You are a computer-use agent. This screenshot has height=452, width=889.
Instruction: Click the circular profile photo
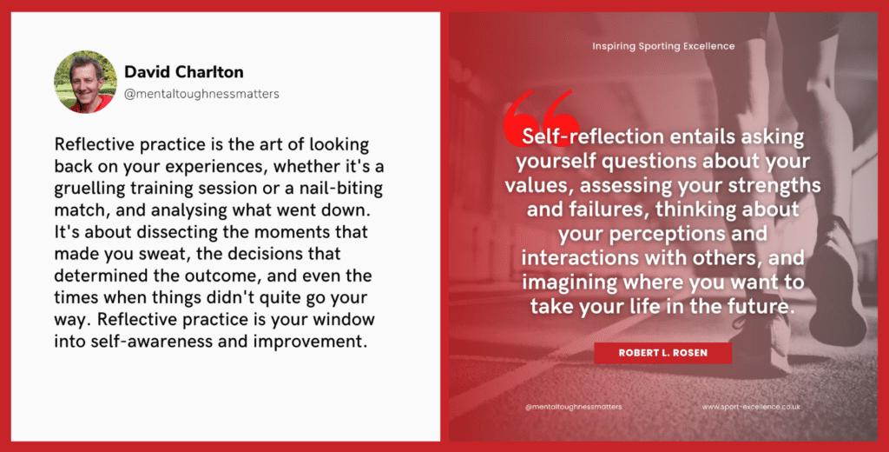pyautogui.click(x=85, y=82)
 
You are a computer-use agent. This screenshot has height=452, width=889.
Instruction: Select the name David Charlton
pyautogui.click(x=184, y=72)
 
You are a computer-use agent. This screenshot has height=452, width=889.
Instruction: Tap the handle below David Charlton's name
pyautogui.click(x=201, y=94)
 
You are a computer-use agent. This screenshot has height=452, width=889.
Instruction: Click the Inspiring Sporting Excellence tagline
pyautogui.click(x=663, y=46)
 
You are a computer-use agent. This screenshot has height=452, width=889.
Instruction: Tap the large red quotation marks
pyautogui.click(x=542, y=116)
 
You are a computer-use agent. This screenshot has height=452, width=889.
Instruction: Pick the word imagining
pyautogui.click(x=570, y=282)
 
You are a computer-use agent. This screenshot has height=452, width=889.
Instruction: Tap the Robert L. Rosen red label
pyautogui.click(x=662, y=353)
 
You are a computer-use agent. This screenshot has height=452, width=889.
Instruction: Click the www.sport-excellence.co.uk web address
pyautogui.click(x=751, y=407)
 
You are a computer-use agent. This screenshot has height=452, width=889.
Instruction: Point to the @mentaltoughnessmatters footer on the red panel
pyautogui.click(x=573, y=407)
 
